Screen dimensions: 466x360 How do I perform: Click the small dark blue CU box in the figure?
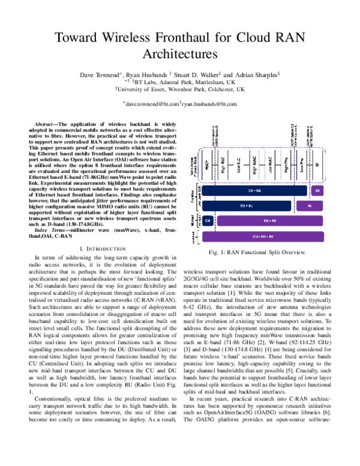207,222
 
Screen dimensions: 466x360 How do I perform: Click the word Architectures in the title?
179,54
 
